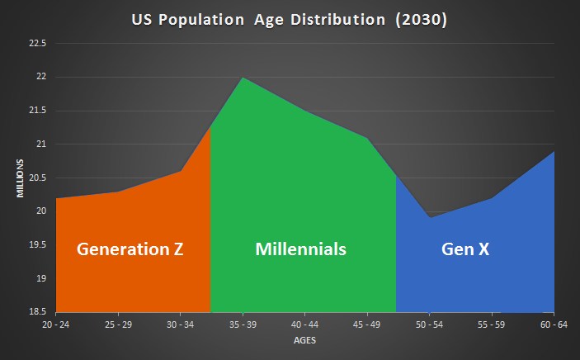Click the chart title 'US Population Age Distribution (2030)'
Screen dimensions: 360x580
click(x=290, y=20)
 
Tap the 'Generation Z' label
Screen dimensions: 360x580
click(x=130, y=249)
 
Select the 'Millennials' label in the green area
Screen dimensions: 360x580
click(x=300, y=249)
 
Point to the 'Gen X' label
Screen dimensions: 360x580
click(x=465, y=249)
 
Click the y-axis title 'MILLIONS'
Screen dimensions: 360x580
click(x=20, y=178)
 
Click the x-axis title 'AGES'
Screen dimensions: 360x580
click(x=304, y=340)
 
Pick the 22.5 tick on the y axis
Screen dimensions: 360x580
click(x=38, y=43)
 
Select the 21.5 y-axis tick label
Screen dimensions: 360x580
click(x=38, y=111)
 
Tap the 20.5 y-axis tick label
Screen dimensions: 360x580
click(x=38, y=178)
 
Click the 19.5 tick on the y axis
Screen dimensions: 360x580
click(x=38, y=245)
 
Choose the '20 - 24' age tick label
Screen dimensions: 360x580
click(x=56, y=325)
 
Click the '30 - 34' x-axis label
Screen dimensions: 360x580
click(x=181, y=325)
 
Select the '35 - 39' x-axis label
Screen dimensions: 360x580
click(x=243, y=325)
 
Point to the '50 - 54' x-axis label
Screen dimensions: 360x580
click(x=429, y=325)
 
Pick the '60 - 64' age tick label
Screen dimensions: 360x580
click(x=553, y=325)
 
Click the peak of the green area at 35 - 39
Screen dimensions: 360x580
click(x=243, y=78)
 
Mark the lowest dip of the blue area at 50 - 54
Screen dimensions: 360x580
click(x=429, y=217)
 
